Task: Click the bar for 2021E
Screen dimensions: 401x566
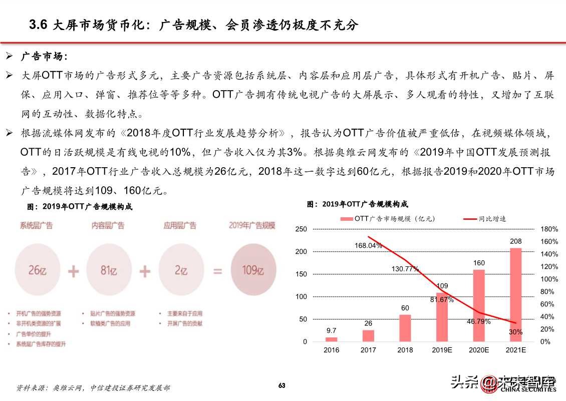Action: pyautogui.click(x=515, y=295)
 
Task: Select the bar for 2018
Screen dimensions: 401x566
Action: pyautogui.click(x=405, y=328)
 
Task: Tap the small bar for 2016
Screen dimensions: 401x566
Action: pyautogui.click(x=331, y=339)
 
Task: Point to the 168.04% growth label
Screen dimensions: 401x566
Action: pyautogui.click(x=368, y=245)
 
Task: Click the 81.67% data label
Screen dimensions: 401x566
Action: pyautogui.click(x=441, y=300)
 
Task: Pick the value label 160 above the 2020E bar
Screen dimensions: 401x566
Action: pyautogui.click(x=478, y=263)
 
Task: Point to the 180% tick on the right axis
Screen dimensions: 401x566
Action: pyautogui.click(x=549, y=229)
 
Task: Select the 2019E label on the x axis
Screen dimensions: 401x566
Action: pyautogui.click(x=442, y=350)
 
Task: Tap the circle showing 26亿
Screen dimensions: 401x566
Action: pyautogui.click(x=38, y=271)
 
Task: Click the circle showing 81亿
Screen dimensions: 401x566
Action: pyautogui.click(x=109, y=271)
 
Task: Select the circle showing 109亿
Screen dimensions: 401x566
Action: pyautogui.click(x=252, y=271)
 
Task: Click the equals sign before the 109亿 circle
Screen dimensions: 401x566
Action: pyautogui.click(x=217, y=271)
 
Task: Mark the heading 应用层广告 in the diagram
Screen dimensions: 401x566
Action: pyautogui.click(x=180, y=226)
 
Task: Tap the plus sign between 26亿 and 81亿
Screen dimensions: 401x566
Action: pyautogui.click(x=73, y=271)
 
